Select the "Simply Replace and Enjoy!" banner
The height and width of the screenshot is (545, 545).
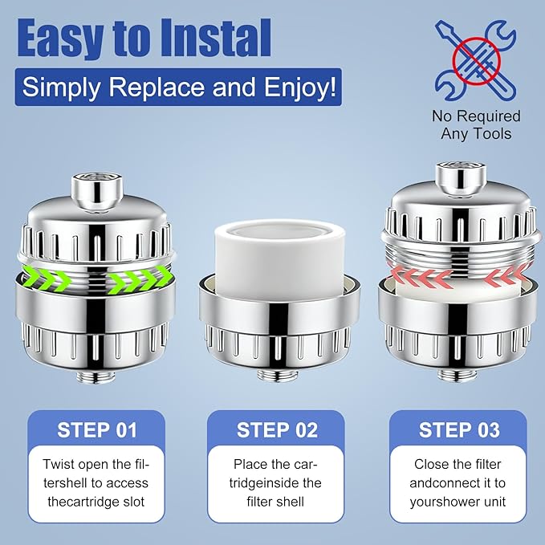tap(178, 87)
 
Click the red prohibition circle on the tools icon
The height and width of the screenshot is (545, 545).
tap(477, 61)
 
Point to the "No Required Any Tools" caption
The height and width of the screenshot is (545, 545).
tap(476, 124)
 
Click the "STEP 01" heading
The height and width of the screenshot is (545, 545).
tap(97, 430)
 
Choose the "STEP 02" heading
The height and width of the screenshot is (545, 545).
tap(277, 430)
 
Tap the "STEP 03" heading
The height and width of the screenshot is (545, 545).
tap(459, 430)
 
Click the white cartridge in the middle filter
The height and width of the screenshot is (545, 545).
tap(280, 260)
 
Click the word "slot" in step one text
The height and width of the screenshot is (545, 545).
tap(133, 502)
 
